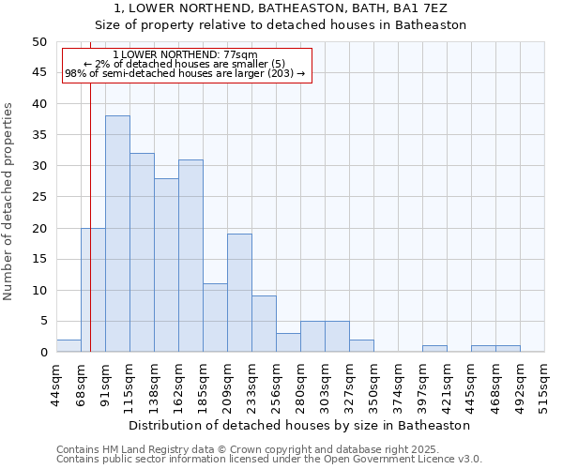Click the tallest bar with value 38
click(x=117, y=234)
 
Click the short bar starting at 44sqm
click(x=68, y=346)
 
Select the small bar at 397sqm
click(x=434, y=349)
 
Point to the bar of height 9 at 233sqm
click(x=264, y=324)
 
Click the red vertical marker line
click(x=90, y=188)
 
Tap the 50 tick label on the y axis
click(x=38, y=42)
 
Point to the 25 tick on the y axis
click(x=38, y=197)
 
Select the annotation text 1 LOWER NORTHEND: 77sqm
click(x=185, y=55)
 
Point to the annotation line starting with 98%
click(x=185, y=73)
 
